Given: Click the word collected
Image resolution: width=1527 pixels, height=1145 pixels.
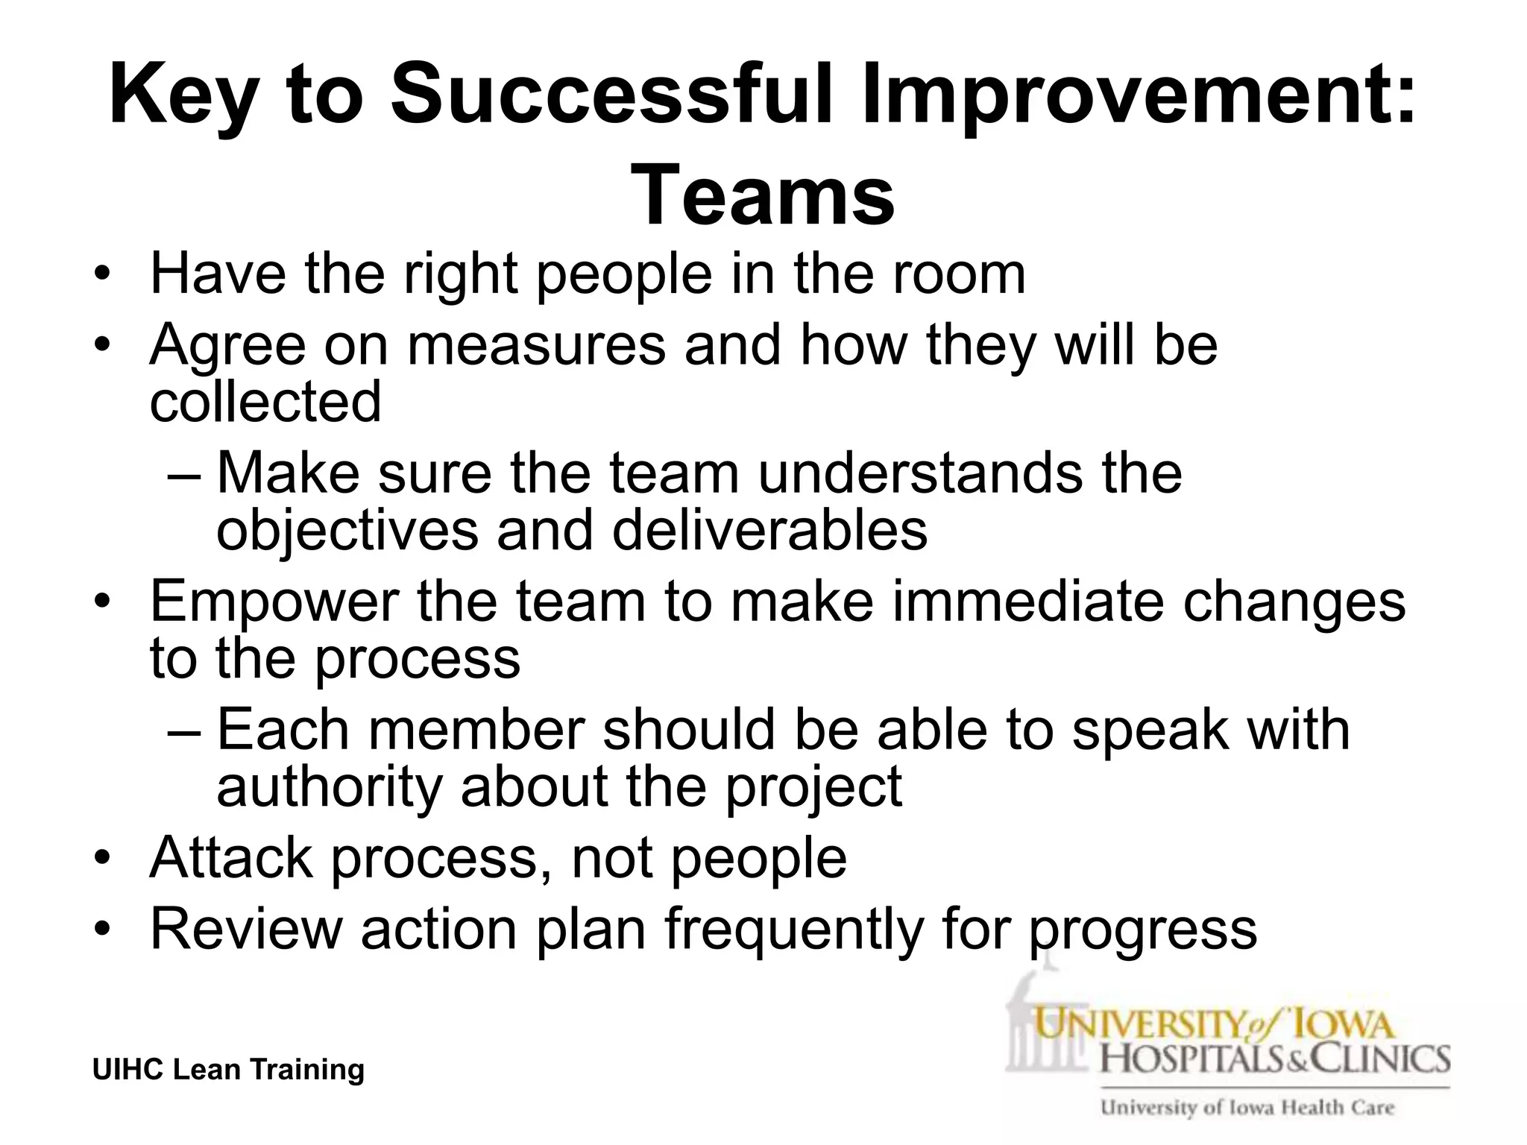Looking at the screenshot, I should [x=265, y=401].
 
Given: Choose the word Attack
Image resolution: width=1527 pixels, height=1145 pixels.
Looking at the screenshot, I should [x=231, y=857].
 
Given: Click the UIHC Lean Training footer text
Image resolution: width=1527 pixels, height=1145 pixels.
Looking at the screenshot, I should [x=228, y=1069].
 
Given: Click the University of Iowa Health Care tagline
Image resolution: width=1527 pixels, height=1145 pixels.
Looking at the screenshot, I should [x=1247, y=1108].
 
